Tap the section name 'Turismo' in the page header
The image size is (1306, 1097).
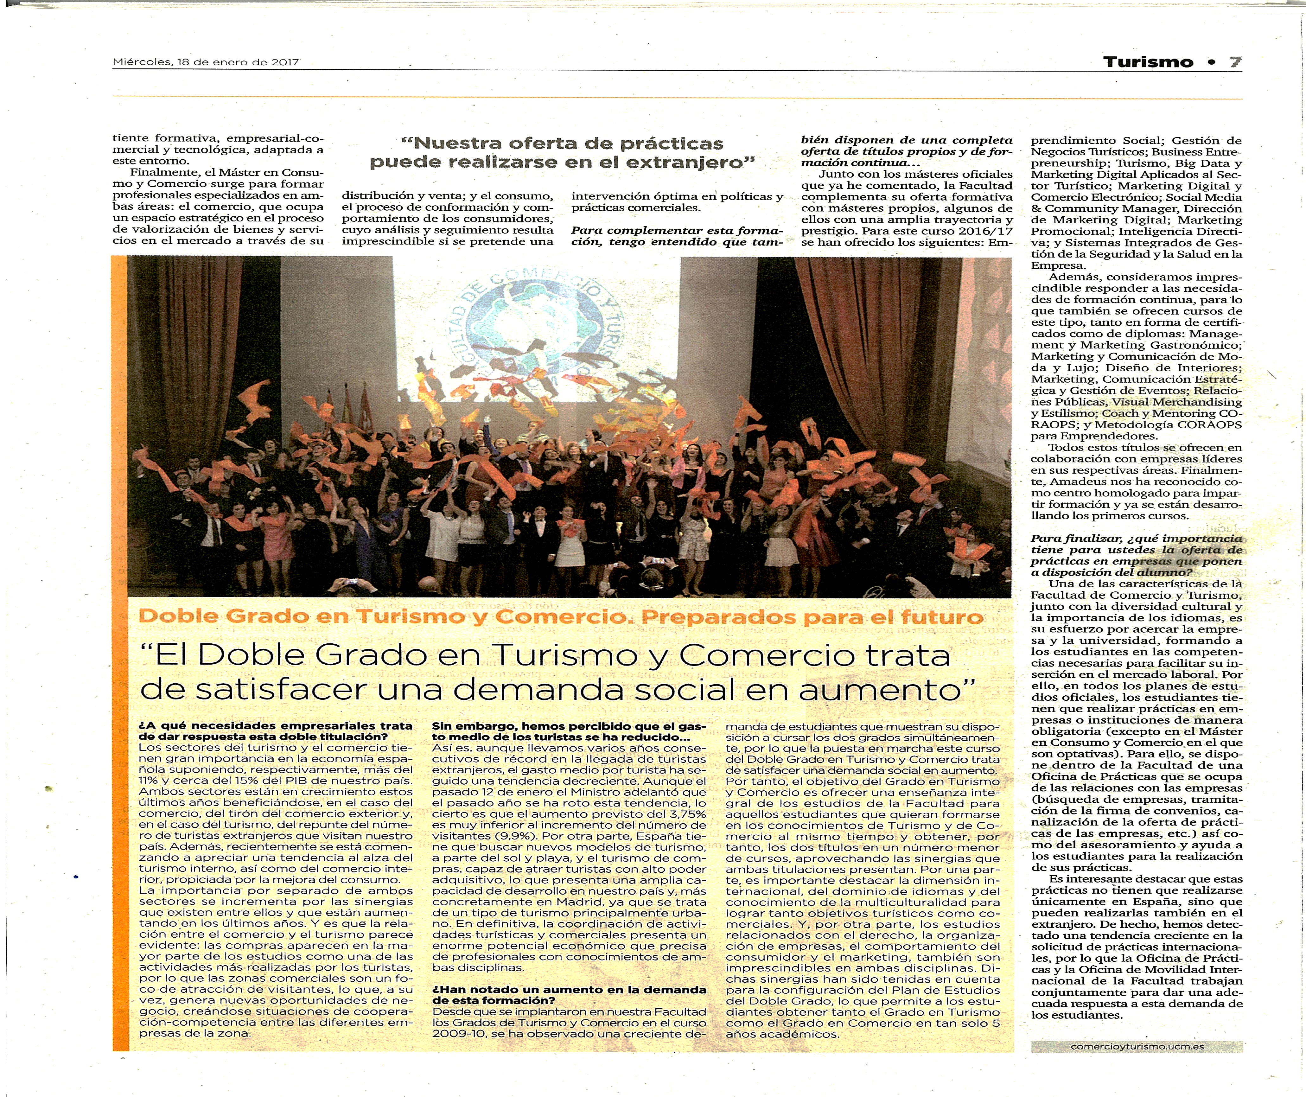tap(1148, 62)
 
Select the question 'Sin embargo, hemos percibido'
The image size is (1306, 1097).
tap(569, 726)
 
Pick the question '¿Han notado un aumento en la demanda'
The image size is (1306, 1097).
tap(569, 989)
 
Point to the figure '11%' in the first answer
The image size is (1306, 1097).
tap(149, 781)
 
